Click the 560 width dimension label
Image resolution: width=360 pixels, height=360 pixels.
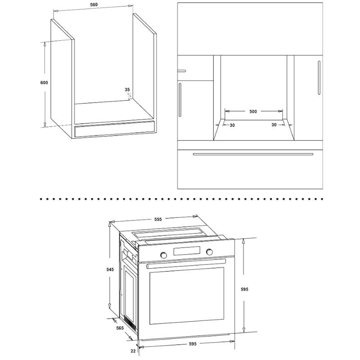[94, 4]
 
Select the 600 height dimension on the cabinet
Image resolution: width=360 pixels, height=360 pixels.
[44, 82]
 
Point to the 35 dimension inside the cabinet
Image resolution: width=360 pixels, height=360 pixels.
[127, 90]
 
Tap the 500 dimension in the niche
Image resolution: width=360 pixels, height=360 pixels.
[253, 111]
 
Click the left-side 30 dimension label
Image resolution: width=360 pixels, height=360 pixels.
[232, 126]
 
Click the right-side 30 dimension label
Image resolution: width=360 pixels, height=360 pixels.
[274, 125]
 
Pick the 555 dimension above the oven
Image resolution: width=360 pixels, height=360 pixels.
[158, 219]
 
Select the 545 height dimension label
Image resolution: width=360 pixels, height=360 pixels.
[110, 269]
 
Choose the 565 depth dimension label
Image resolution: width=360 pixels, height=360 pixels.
[120, 328]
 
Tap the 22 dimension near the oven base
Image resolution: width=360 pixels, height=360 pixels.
[133, 351]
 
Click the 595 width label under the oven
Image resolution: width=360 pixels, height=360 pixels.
[193, 344]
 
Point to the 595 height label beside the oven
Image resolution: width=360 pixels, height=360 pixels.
[244, 289]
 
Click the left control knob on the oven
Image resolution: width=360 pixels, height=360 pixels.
[164, 255]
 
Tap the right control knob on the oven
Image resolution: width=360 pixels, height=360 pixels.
[209, 252]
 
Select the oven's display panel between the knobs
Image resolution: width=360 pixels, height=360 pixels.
[187, 251]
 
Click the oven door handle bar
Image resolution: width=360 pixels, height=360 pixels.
[186, 263]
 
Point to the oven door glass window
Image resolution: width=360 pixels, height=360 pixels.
[187, 296]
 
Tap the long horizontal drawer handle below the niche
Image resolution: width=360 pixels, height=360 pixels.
[253, 154]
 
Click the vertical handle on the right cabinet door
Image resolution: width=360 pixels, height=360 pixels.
[319, 77]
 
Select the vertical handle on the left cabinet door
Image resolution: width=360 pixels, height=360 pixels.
[180, 100]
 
